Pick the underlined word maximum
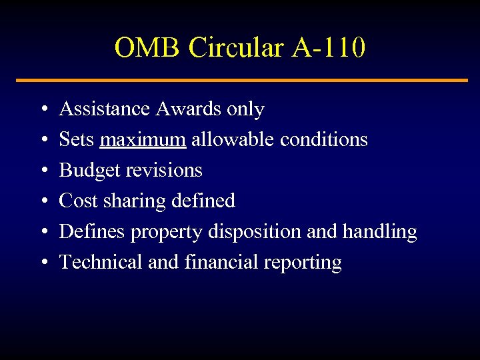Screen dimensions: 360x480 tap(143, 139)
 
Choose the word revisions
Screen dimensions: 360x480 tap(163, 170)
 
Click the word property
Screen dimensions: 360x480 tap(167, 232)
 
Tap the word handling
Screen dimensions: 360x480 tap(379, 232)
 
